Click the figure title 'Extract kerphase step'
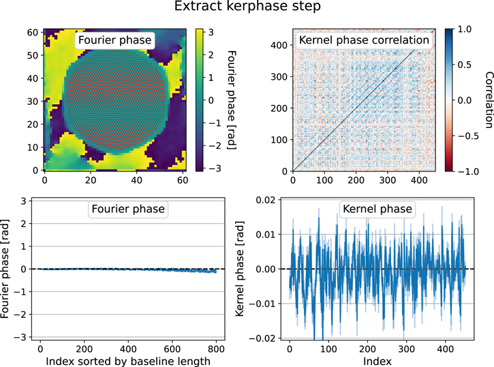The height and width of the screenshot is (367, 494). point(246,9)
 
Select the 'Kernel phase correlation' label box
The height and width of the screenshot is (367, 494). point(365,40)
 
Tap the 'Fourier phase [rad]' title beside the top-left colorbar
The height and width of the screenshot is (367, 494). point(231,99)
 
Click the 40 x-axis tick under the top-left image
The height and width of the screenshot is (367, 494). point(136,182)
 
